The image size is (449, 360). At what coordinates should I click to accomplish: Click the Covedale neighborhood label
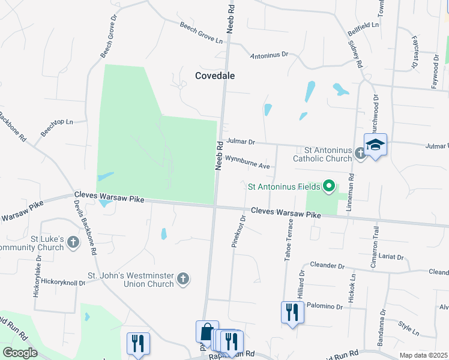pyautogui.click(x=215, y=76)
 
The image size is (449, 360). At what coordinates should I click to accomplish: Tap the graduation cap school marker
pyautogui.click(x=375, y=146)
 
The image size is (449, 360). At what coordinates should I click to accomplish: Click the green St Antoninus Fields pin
pyautogui.click(x=328, y=186)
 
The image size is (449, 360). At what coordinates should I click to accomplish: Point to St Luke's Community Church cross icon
pyautogui.click(x=73, y=242)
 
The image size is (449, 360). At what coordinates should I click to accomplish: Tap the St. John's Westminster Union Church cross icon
pyautogui.click(x=183, y=279)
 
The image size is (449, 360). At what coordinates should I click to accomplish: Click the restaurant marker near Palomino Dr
pyautogui.click(x=292, y=313)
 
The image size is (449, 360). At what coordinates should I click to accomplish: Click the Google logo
pyautogui.click(x=20, y=353)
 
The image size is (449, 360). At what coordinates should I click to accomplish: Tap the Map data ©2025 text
pyautogui.click(x=423, y=355)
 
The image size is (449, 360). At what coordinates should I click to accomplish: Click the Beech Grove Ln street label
pyautogui.click(x=201, y=32)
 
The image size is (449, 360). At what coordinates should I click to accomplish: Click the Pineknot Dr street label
pyautogui.click(x=238, y=232)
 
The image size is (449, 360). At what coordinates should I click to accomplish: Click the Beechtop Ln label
pyautogui.click(x=56, y=127)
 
